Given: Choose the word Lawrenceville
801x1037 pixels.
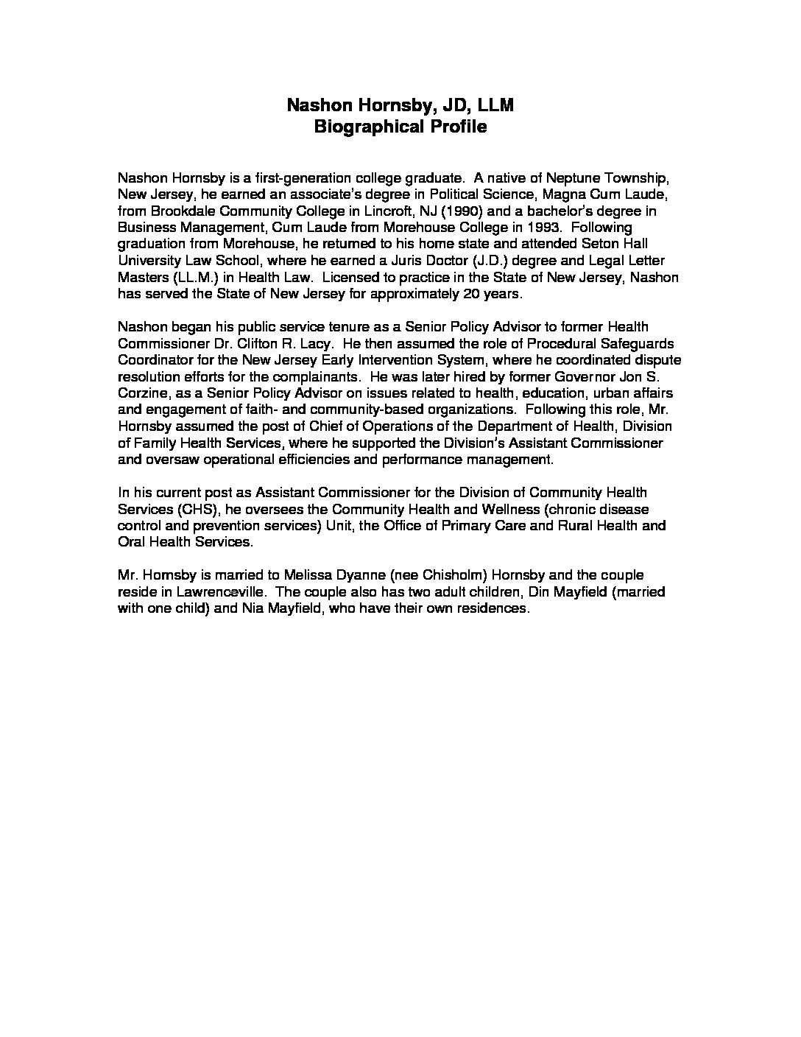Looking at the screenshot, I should click(202, 591).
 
